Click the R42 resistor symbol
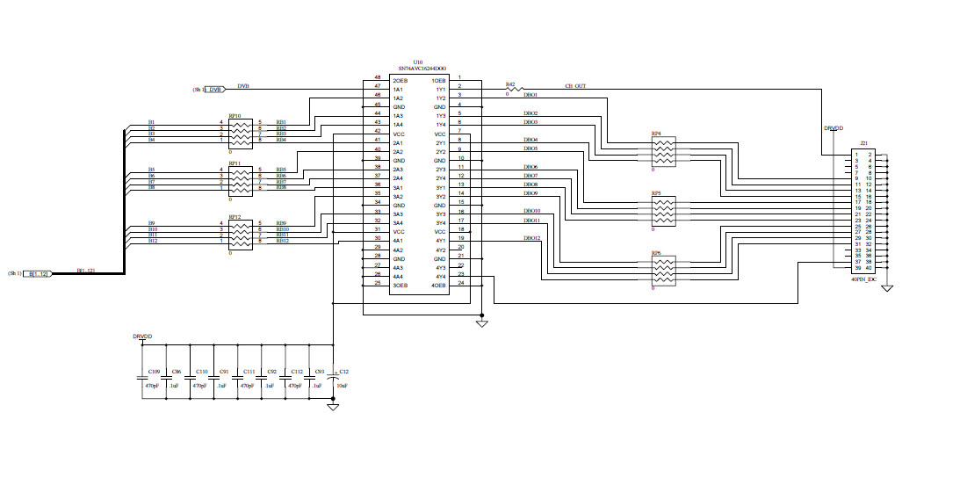tap(515, 89)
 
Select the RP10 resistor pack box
tap(241, 133)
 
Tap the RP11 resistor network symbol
tap(241, 180)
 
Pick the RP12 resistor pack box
tap(241, 234)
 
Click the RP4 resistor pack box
tap(663, 152)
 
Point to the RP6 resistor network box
tap(663, 272)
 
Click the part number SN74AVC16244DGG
tap(422, 69)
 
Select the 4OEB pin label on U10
tap(439, 285)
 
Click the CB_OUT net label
tap(575, 86)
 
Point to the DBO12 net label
tap(532, 239)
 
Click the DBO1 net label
tap(530, 95)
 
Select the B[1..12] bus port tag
tap(40, 274)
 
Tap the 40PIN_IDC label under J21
tap(864, 278)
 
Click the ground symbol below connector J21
tap(887, 288)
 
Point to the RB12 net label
tap(282, 241)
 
